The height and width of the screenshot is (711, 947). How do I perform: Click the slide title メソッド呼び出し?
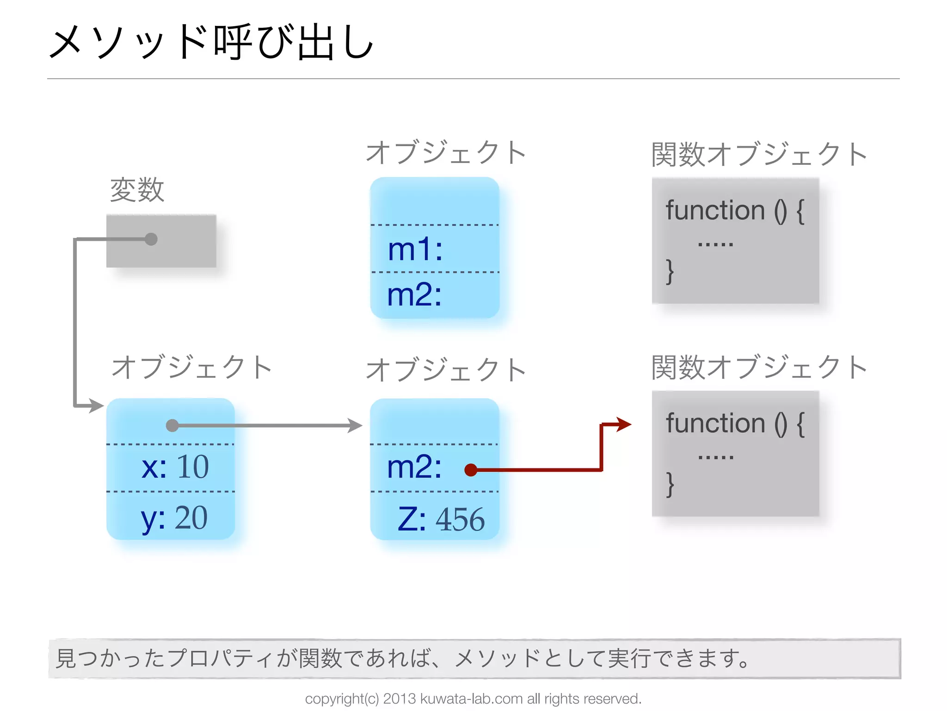pyautogui.click(x=211, y=43)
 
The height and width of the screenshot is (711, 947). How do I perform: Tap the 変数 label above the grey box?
pyautogui.click(x=137, y=190)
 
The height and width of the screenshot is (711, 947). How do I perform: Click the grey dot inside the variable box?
pyautogui.click(x=151, y=239)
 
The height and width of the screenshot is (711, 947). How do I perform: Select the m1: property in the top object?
pyautogui.click(x=415, y=249)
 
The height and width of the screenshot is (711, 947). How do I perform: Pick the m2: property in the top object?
pyautogui.click(x=414, y=294)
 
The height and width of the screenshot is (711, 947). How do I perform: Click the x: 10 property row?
pyautogui.click(x=175, y=467)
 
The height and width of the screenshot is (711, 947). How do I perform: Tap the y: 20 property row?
pyautogui.click(x=174, y=518)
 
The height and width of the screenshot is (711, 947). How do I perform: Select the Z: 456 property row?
pyautogui.click(x=441, y=519)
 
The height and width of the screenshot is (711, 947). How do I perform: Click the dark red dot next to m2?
pyautogui.click(x=471, y=470)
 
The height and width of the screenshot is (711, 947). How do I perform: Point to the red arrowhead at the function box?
pyautogui.click(x=624, y=424)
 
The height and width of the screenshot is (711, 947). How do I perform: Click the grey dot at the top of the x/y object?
pyautogui.click(x=172, y=425)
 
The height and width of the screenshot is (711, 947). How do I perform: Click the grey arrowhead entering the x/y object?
pyautogui.click(x=97, y=406)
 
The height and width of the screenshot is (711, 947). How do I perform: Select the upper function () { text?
pyautogui.click(x=735, y=211)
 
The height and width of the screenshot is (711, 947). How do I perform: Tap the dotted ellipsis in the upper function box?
pyautogui.click(x=715, y=244)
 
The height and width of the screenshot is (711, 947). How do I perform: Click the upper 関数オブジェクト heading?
pyautogui.click(x=759, y=154)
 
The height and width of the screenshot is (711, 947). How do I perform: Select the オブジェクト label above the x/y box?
pyautogui.click(x=191, y=368)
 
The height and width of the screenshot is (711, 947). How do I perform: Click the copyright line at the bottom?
pyautogui.click(x=473, y=699)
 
